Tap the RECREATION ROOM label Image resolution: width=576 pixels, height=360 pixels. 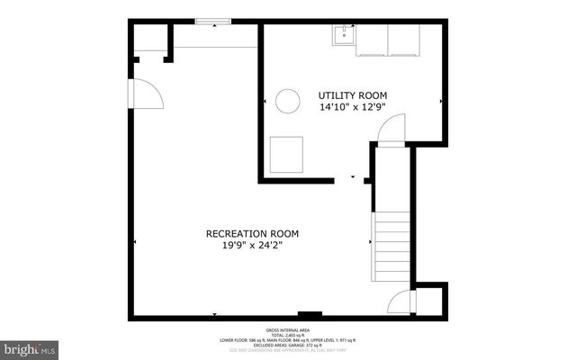click(251, 233)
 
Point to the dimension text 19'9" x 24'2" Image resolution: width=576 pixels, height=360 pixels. click(251, 246)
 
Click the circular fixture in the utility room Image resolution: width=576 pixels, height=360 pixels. click(287, 101)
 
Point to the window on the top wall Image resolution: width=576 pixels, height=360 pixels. click(212, 22)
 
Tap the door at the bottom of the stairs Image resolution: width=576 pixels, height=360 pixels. click(398, 303)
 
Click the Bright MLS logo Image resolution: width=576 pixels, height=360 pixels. click(30, 347)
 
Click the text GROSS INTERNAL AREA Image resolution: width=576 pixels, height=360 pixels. click(288, 329)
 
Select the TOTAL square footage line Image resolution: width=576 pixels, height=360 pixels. click(288, 335)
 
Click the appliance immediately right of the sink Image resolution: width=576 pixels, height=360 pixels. click(372, 40)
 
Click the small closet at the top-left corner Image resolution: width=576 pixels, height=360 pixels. click(150, 38)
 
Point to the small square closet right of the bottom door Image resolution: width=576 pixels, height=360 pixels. click(428, 301)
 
